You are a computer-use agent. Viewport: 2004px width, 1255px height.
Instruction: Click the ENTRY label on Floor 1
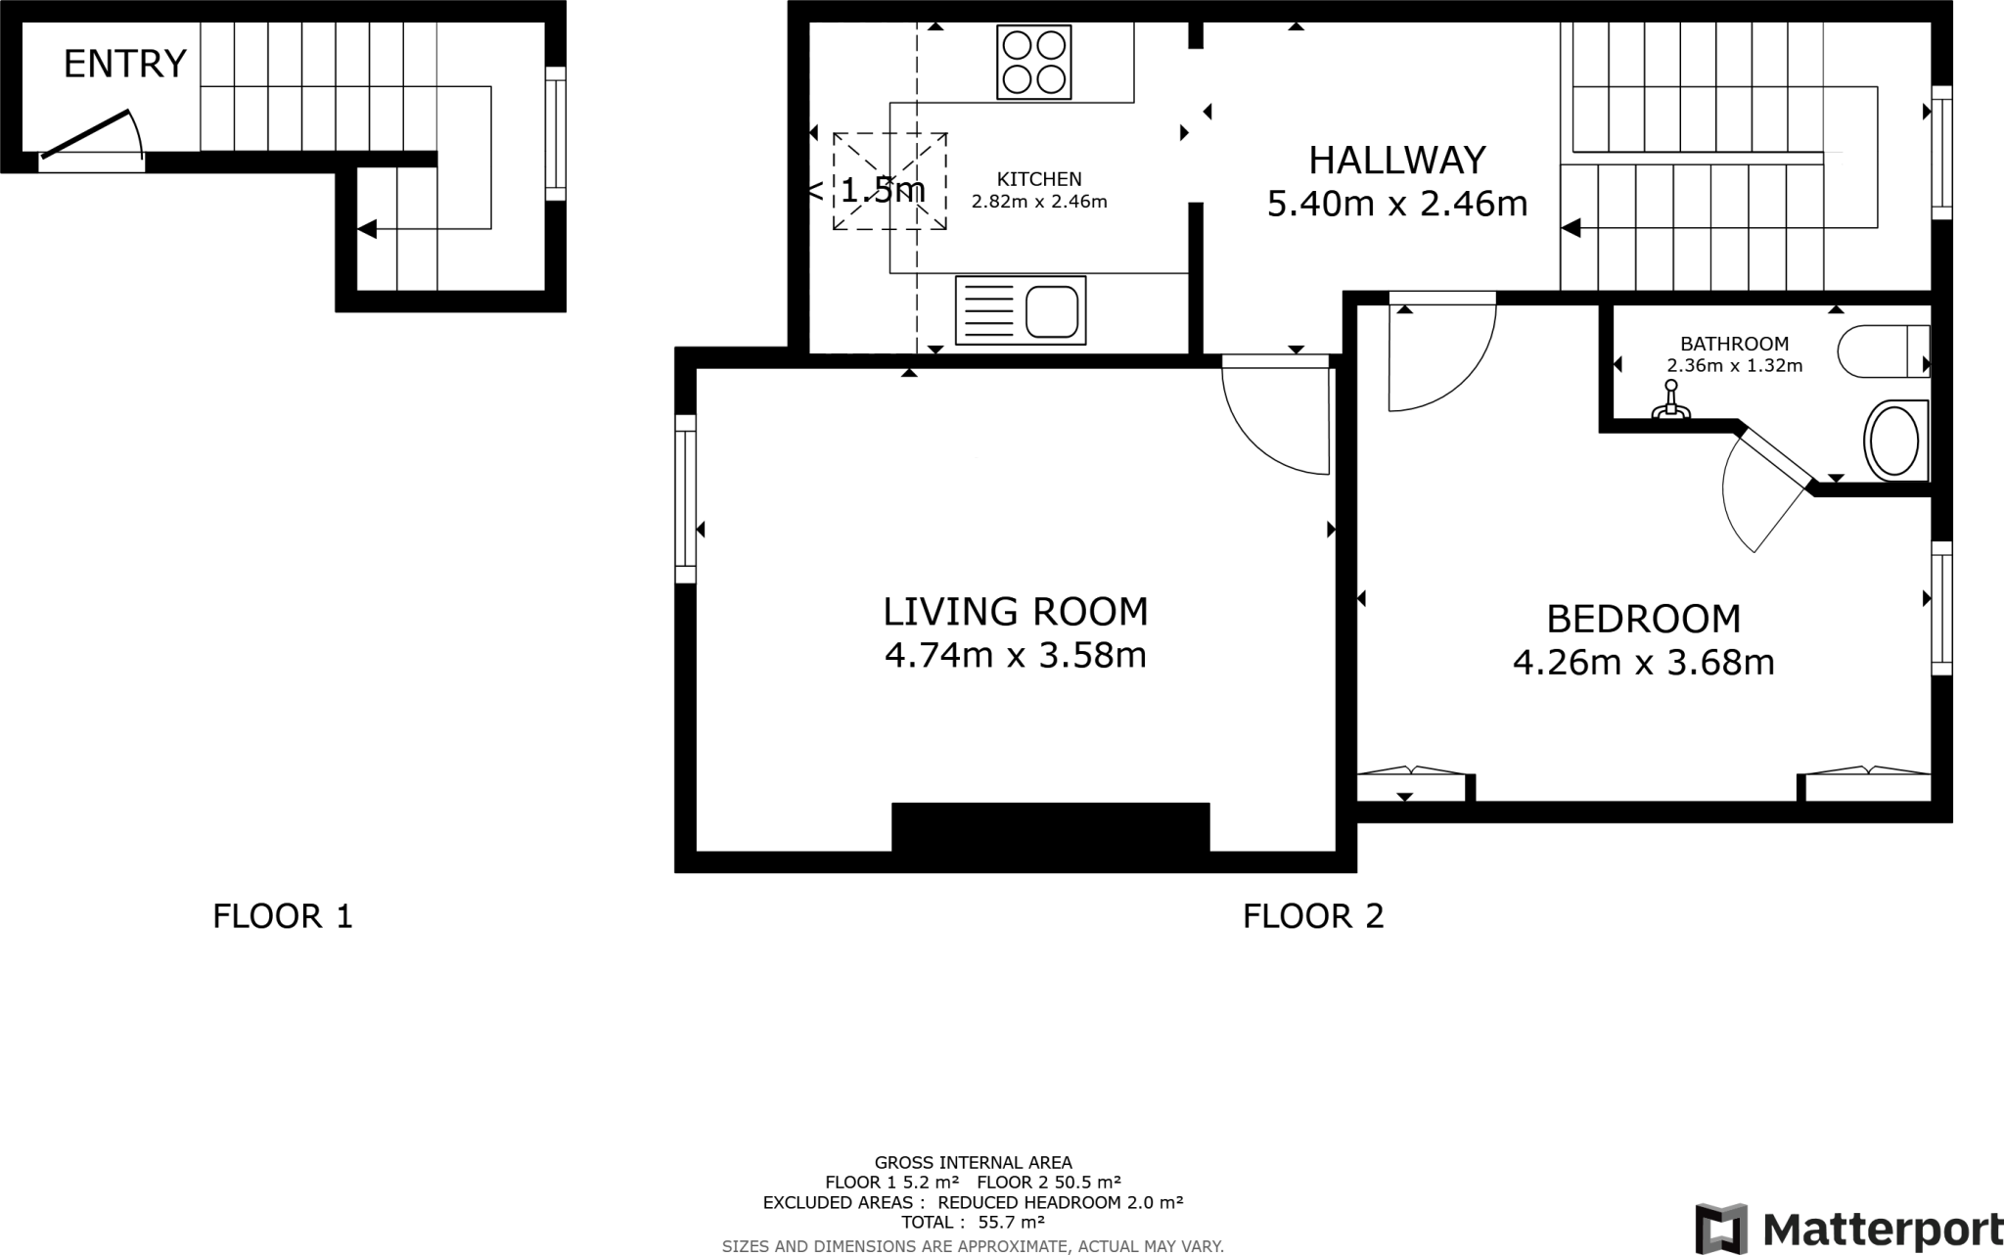point(124,65)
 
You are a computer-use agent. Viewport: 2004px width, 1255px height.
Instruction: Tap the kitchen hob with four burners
point(1033,63)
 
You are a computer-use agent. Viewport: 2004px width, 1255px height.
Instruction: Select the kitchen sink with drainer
point(1021,310)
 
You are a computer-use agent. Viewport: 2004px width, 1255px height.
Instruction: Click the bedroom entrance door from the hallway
point(1441,352)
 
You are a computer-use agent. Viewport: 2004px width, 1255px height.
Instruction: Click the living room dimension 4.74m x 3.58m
point(1015,654)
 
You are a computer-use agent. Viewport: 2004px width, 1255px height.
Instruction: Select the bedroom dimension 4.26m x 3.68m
point(1643,663)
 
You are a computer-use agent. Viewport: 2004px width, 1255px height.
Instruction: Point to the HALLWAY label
point(1397,160)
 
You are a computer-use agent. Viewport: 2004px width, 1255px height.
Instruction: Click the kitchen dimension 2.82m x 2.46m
point(1038,203)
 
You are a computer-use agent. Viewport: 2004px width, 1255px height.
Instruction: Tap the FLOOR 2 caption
point(1312,916)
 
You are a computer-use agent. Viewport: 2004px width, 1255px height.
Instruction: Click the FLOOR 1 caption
point(282,916)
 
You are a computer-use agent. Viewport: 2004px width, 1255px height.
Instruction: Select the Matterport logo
point(1847,1228)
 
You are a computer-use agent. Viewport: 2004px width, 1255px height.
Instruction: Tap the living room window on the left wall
point(686,499)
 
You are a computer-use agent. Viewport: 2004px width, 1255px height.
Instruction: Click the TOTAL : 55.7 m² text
point(973,1222)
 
